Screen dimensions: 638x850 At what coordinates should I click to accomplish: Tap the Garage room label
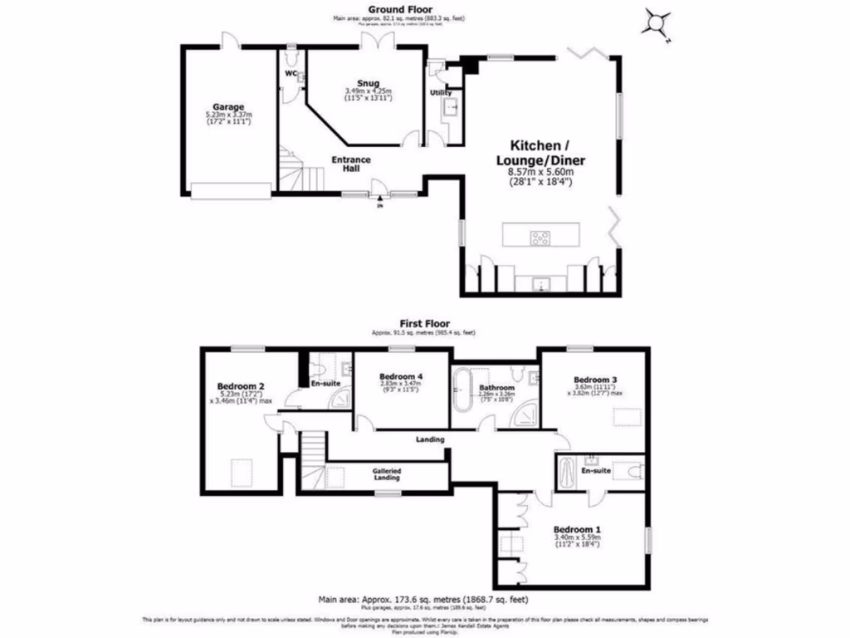coord(227,107)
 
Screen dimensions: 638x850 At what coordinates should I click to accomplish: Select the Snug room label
coord(368,82)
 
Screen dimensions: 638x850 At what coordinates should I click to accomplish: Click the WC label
coord(291,74)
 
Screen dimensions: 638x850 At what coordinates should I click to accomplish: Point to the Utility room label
coord(440,93)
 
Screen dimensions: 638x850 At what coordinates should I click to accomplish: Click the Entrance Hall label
coord(351,164)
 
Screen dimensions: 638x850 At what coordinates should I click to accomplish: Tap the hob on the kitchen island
coord(540,238)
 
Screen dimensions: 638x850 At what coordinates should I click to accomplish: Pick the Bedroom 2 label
coord(241,386)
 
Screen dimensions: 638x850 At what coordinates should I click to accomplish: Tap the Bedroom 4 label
coord(400,376)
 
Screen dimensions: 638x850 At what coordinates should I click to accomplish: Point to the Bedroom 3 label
coord(597,379)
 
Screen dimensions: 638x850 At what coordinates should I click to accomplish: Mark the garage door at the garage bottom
coord(230,191)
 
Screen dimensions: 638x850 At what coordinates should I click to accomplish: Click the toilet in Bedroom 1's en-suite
coord(635,472)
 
